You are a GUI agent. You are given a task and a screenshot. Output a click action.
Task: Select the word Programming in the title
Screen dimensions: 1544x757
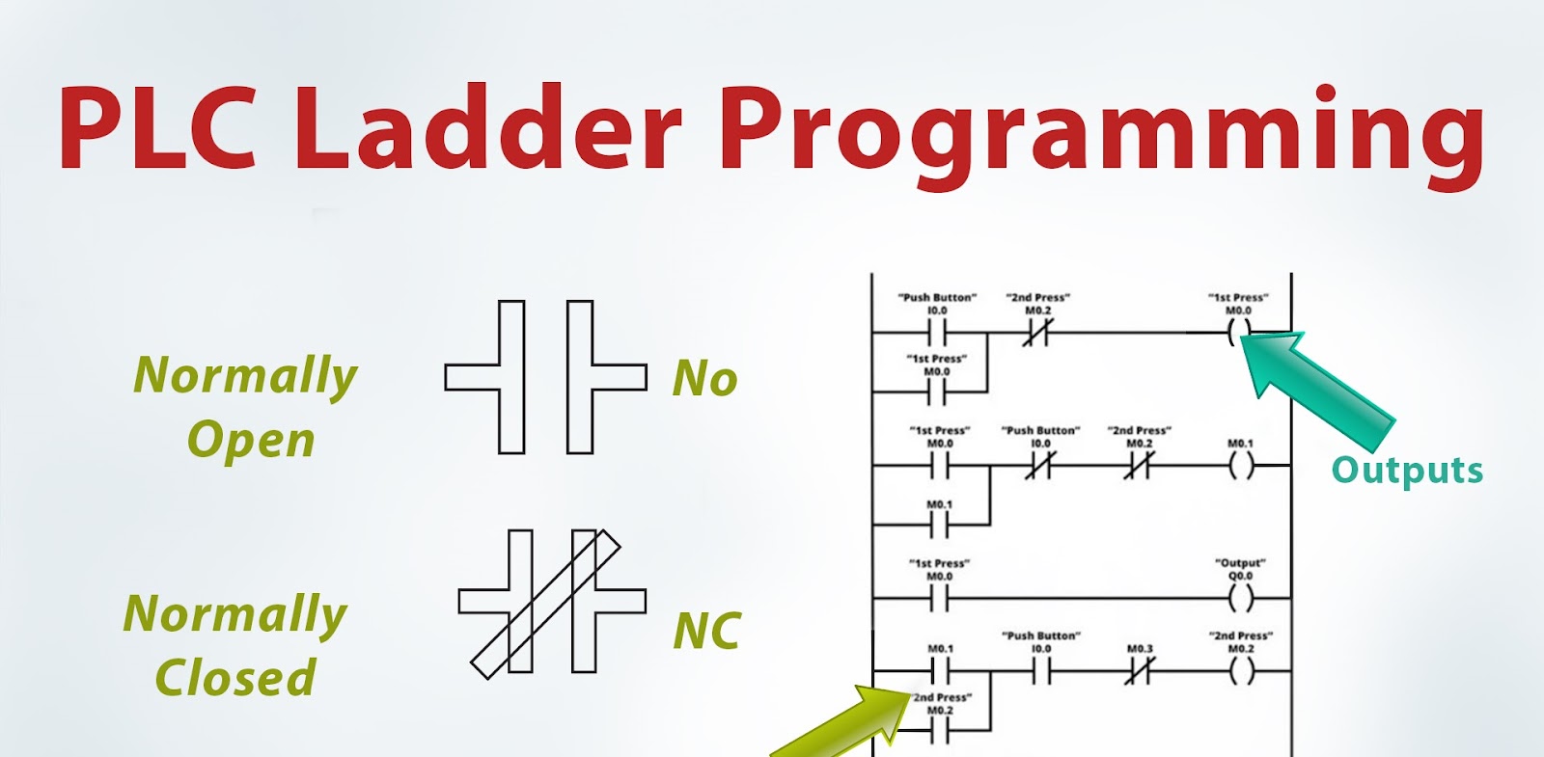pos(1100,135)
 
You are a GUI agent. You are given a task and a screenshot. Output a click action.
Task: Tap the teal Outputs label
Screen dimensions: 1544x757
pos(1407,471)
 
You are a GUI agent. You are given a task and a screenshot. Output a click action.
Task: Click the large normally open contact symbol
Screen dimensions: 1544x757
pos(545,377)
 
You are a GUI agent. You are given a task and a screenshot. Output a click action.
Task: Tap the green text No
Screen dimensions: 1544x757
pos(705,379)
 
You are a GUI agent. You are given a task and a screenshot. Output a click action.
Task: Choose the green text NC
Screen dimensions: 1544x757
pos(707,632)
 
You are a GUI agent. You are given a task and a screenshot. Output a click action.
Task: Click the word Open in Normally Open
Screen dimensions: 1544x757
pos(251,441)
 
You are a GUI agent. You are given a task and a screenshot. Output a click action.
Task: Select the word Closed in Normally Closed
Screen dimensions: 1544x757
pos(235,677)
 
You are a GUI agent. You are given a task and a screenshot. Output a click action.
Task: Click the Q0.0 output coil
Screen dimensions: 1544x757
pos(1241,600)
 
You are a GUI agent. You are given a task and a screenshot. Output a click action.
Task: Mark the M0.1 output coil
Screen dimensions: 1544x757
pos(1241,467)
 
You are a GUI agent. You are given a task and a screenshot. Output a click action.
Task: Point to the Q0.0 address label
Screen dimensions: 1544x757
pos(1240,577)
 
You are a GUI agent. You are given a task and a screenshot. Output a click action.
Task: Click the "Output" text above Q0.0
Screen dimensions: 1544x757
pos(1240,563)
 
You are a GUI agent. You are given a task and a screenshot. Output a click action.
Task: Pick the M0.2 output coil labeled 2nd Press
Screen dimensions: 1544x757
pos(1241,671)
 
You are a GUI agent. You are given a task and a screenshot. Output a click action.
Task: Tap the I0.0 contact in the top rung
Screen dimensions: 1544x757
pos(937,334)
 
